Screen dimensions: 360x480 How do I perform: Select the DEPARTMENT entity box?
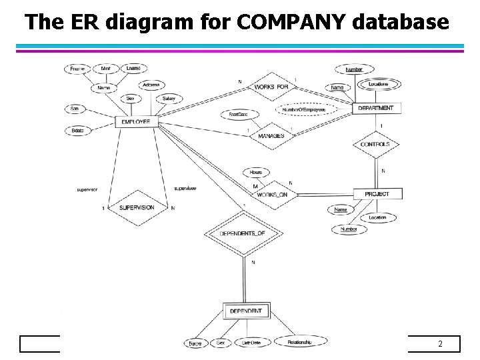tap(375, 108)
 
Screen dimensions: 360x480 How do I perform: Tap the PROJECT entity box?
tap(376, 193)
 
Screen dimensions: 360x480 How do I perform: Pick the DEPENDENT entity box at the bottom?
tap(244, 311)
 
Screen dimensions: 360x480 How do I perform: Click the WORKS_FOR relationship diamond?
tap(271, 87)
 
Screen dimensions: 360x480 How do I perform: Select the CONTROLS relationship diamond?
tap(375, 144)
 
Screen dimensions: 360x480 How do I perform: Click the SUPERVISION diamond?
tap(137, 208)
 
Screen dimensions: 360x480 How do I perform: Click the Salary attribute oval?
tap(169, 99)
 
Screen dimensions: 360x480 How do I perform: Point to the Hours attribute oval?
tap(255, 171)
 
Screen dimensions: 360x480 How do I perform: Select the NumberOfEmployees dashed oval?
tap(307, 109)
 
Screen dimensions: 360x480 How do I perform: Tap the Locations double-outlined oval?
tap(378, 84)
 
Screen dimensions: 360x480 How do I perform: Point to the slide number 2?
tap(440, 344)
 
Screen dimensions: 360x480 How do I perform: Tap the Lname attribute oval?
tap(133, 68)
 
